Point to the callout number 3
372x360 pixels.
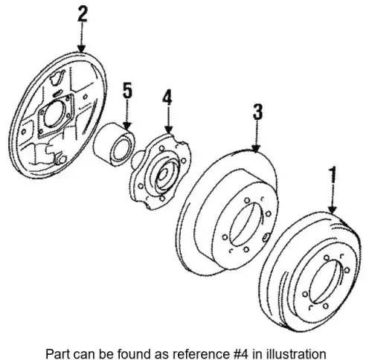click(257, 112)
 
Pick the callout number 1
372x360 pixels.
click(333, 175)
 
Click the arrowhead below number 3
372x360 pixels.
click(256, 147)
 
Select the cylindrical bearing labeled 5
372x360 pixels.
click(114, 144)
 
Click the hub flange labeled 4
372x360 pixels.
click(161, 171)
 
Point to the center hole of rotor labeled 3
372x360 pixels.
click(246, 224)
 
